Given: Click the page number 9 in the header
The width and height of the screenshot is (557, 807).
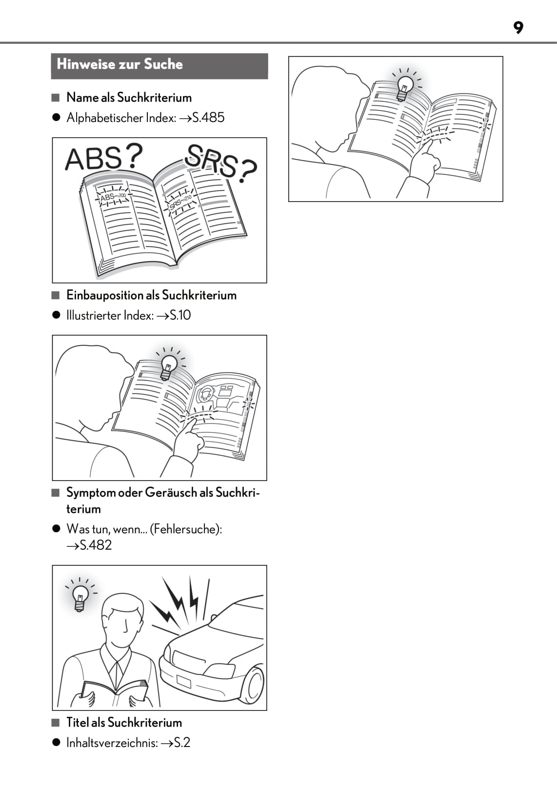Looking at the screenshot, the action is (518, 28).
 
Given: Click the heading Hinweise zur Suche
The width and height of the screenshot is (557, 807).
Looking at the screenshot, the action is (119, 64).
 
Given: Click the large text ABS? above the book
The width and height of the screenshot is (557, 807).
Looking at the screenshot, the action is (104, 158).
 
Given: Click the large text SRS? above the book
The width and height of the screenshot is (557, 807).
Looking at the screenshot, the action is (220, 161).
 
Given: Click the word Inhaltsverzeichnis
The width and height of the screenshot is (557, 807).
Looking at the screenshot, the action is (112, 743).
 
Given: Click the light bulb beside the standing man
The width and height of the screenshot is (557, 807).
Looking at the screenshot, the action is (80, 598).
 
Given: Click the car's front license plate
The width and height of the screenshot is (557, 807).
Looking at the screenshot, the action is (184, 682).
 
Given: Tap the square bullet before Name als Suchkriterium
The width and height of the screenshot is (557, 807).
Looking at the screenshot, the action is (56, 98).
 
